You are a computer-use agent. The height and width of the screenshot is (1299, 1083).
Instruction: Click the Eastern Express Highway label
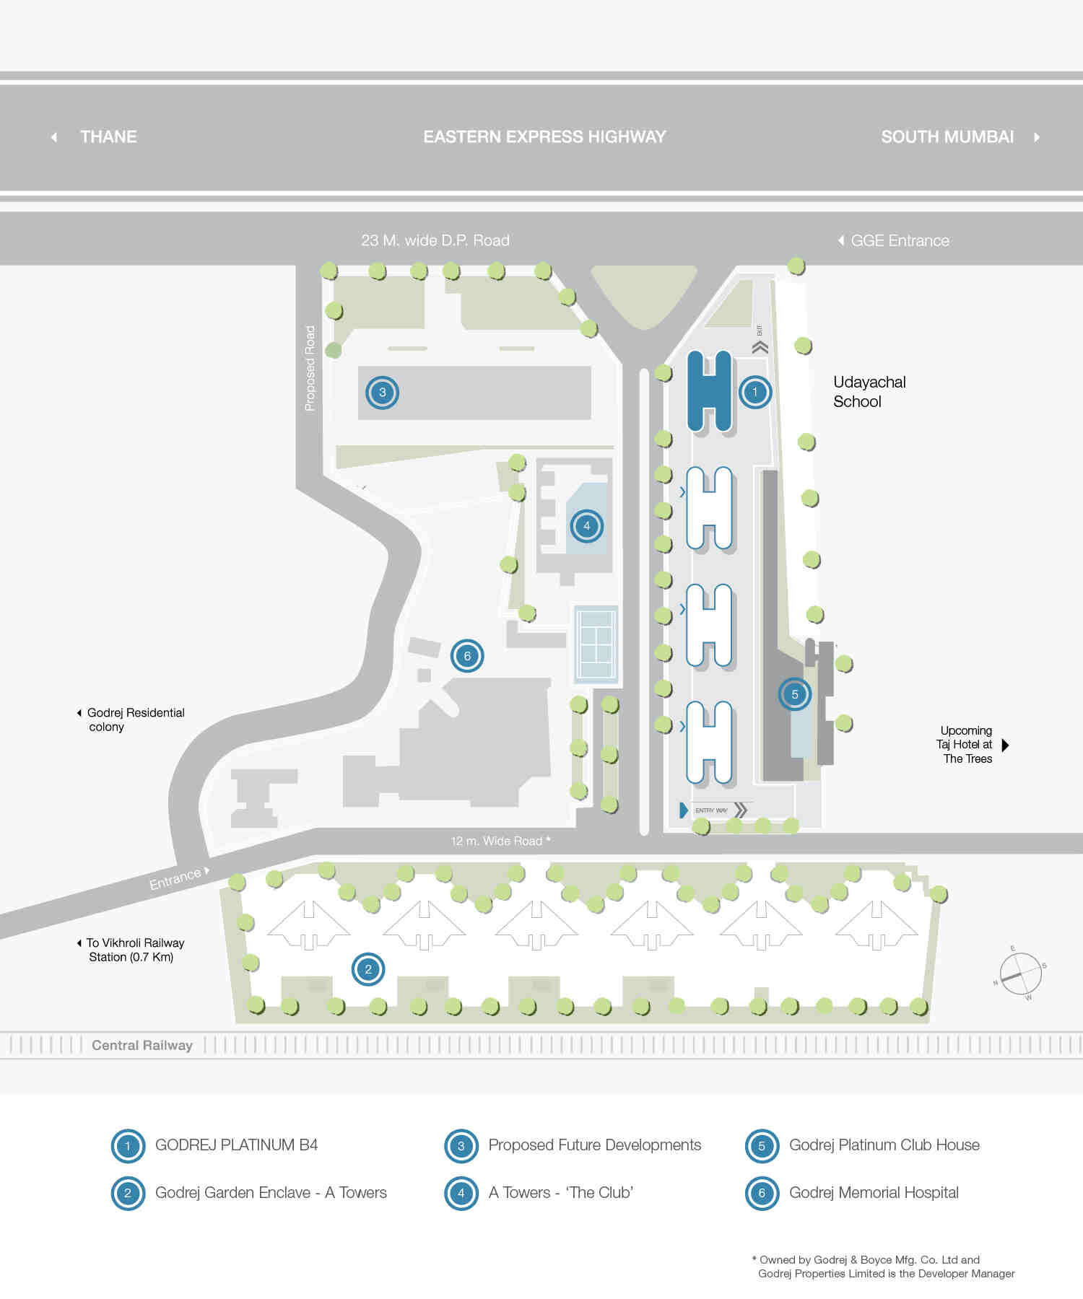pos(544,136)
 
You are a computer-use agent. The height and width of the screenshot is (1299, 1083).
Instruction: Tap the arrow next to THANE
pos(54,137)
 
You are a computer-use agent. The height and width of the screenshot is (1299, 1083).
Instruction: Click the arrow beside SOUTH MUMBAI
pos(1037,137)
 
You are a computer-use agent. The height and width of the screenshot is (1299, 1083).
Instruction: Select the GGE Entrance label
pos(900,241)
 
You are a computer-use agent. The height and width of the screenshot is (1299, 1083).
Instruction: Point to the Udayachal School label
pos(869,392)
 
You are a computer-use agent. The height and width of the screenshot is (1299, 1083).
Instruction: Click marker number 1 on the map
pos(755,393)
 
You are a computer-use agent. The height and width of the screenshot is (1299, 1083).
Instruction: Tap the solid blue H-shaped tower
pos(709,391)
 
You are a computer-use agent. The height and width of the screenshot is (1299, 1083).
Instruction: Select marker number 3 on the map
pos(382,393)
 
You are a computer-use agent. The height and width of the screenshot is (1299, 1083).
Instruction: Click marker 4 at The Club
pos(586,526)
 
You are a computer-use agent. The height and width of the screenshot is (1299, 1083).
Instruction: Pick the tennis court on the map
pos(596,644)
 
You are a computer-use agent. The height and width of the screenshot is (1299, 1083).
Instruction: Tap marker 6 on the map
pos(467,656)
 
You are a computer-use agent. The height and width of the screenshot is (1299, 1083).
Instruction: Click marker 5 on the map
pos(795,694)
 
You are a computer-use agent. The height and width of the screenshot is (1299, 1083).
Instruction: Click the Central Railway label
pos(142,1045)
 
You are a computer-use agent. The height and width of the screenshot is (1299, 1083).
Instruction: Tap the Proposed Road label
pos(310,368)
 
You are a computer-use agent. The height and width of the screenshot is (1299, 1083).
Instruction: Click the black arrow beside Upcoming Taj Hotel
pos(1006,745)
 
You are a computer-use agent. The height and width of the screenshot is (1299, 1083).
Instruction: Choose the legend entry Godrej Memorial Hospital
pos(874,1193)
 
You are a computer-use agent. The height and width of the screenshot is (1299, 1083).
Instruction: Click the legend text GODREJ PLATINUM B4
pos(236,1145)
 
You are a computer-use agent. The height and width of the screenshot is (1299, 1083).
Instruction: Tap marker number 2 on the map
pos(368,969)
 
